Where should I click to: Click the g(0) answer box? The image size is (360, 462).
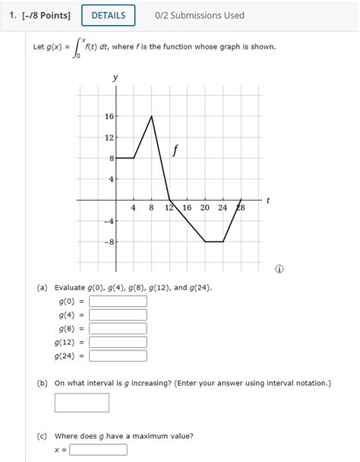click(x=118, y=301)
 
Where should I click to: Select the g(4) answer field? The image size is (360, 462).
click(x=118, y=315)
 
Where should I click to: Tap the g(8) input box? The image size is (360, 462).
click(x=118, y=328)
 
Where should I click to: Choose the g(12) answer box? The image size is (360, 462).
click(x=118, y=342)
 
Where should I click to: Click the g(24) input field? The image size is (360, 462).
click(x=118, y=356)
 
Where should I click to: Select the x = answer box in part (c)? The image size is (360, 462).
click(x=98, y=449)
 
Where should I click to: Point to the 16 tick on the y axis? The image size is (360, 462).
click(x=109, y=116)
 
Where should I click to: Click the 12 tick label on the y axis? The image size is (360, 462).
click(x=109, y=138)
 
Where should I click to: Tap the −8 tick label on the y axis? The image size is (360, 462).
click(x=109, y=242)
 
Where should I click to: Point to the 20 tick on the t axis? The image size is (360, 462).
click(x=205, y=208)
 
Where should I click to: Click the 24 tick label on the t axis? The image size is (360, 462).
click(x=223, y=208)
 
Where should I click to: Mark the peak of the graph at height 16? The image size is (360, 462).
click(x=152, y=116)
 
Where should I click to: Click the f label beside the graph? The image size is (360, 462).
click(x=175, y=150)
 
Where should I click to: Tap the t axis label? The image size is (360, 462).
click(x=268, y=199)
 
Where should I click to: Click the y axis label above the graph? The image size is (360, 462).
click(x=115, y=78)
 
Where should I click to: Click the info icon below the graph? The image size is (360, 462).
click(x=281, y=270)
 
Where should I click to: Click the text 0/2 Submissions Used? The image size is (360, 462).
click(x=199, y=15)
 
